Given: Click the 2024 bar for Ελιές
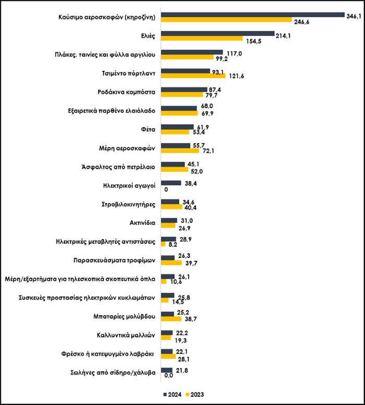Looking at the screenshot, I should coord(217,34).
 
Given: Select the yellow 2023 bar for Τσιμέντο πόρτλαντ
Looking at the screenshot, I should coord(193,76).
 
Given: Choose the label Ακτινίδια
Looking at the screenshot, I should coord(142,223).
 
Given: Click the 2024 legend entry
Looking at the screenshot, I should coord(173,394).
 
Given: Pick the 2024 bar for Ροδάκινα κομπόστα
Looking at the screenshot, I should coord(184,89).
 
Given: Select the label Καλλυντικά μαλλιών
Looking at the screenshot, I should coord(128,336).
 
